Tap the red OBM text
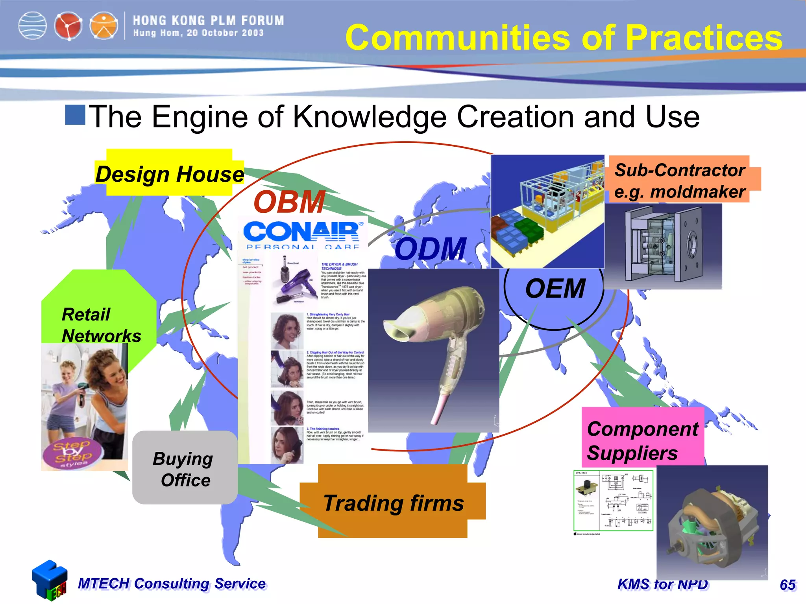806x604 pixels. click(x=290, y=202)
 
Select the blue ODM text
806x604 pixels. click(x=431, y=249)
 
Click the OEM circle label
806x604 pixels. click(x=555, y=289)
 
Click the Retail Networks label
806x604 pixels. click(x=101, y=325)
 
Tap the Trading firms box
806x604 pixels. click(x=394, y=503)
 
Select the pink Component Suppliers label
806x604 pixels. click(x=642, y=440)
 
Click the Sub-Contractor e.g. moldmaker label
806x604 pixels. click(x=680, y=180)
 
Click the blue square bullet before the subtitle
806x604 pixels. click(x=75, y=115)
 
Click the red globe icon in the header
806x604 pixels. click(x=68, y=26)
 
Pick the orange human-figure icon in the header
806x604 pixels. click(x=104, y=26)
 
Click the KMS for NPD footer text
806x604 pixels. click(x=663, y=584)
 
